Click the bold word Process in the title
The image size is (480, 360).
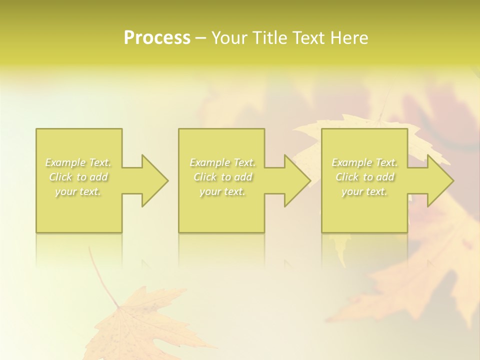click(x=157, y=38)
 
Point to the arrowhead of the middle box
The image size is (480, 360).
click(x=297, y=180)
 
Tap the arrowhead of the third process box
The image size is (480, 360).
click(x=440, y=180)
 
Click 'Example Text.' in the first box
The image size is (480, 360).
click(x=78, y=162)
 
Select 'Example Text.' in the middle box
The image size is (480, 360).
click(x=222, y=162)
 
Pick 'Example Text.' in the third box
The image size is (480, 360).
click(x=364, y=162)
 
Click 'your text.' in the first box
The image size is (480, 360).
click(x=78, y=191)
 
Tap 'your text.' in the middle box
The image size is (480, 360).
click(x=222, y=191)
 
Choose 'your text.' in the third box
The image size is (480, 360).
click(x=364, y=191)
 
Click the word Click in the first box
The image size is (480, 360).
click(x=61, y=177)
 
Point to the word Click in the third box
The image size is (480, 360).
click(x=347, y=177)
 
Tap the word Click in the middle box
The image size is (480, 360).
click(x=205, y=177)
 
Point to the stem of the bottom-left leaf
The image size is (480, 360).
click(x=102, y=275)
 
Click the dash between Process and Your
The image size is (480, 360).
click(x=201, y=38)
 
